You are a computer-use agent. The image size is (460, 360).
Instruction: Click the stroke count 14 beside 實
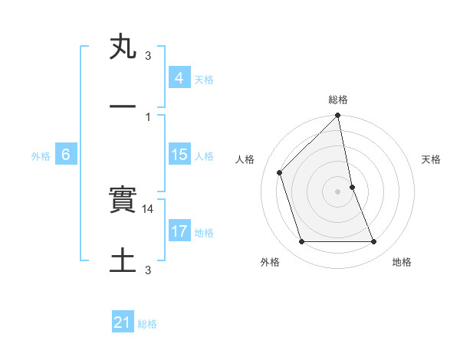[x=149, y=208]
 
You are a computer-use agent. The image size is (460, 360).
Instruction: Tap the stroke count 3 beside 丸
[x=148, y=56]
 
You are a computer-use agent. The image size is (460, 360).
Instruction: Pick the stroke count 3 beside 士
[x=148, y=270]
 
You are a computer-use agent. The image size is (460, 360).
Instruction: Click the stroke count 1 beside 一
[x=148, y=116]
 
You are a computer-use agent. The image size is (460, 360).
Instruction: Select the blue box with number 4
[x=179, y=78]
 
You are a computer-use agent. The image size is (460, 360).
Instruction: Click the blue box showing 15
[x=179, y=155]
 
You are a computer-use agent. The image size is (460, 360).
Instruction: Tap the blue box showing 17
[x=179, y=231]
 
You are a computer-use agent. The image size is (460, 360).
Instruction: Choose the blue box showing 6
[x=66, y=155]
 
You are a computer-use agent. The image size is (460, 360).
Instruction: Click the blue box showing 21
[x=123, y=322]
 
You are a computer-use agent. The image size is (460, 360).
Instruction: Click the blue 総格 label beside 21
[x=147, y=324]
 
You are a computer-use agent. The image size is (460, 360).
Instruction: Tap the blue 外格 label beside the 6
[x=41, y=156]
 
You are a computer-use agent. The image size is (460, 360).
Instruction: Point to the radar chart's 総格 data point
[x=337, y=116]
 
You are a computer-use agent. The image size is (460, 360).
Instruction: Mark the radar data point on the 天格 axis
[x=352, y=187]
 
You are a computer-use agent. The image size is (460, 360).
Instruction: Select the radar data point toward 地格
[x=373, y=242]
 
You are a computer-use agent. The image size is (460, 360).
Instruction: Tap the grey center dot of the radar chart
[x=337, y=191]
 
